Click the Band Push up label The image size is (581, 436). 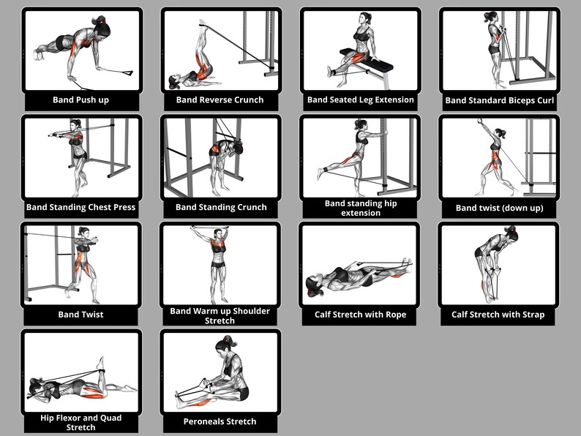80,100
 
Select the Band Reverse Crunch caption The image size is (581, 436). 220,100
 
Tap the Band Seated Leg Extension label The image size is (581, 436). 360,99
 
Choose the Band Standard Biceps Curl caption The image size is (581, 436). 500,100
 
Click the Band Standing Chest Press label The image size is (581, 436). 80,207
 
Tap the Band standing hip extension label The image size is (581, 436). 360,208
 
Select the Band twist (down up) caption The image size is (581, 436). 499,208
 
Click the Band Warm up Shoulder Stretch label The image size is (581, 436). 220,315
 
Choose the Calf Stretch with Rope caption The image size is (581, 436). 360,315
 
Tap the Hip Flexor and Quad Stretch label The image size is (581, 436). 80,422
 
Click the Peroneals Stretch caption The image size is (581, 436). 220,421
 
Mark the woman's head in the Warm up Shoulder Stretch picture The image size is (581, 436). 217,234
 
